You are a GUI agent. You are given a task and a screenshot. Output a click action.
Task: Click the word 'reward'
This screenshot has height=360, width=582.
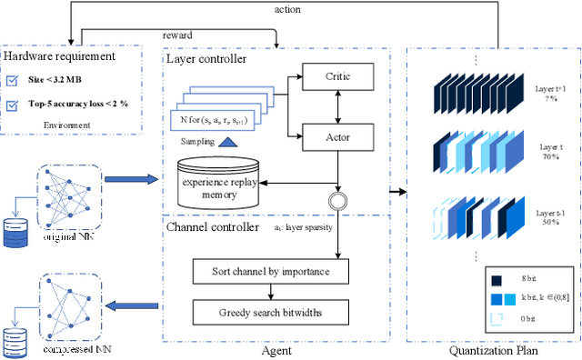[x=177, y=35]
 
